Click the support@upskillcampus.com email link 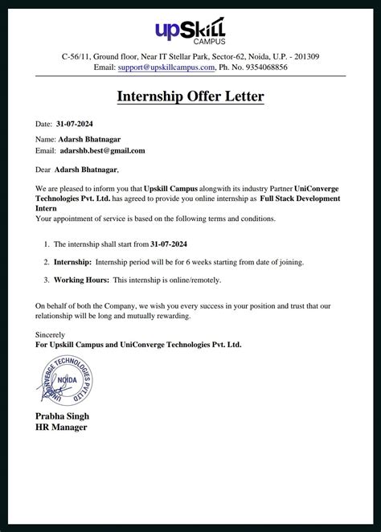click(x=166, y=68)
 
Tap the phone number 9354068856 click(x=260, y=68)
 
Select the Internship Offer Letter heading click(x=190, y=97)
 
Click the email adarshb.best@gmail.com click(x=102, y=150)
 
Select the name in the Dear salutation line click(x=86, y=170)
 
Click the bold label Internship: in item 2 click(x=73, y=263)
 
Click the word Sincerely click(x=50, y=334)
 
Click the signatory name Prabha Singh click(x=62, y=416)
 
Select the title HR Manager click(x=60, y=428)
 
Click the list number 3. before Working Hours click(x=46, y=280)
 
